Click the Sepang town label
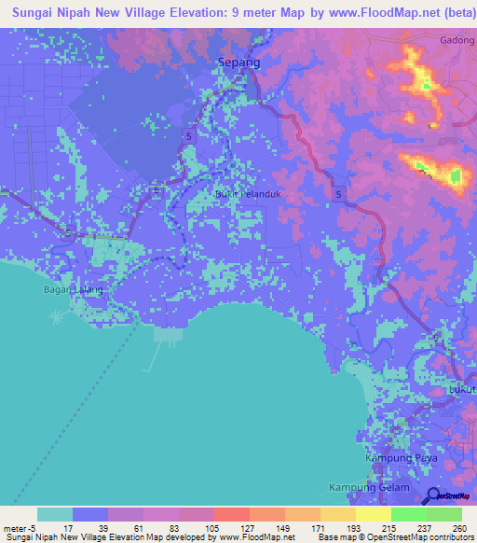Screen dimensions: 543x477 click(237, 63)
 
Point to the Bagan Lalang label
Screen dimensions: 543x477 click(73, 290)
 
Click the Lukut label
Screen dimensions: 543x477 click(462, 389)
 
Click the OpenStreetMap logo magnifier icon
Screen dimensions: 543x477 click(432, 494)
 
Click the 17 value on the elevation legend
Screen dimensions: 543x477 click(68, 527)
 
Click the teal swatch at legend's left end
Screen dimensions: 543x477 click(55, 514)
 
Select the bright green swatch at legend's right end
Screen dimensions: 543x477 click(443, 514)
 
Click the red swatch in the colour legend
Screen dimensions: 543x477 click(231, 514)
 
